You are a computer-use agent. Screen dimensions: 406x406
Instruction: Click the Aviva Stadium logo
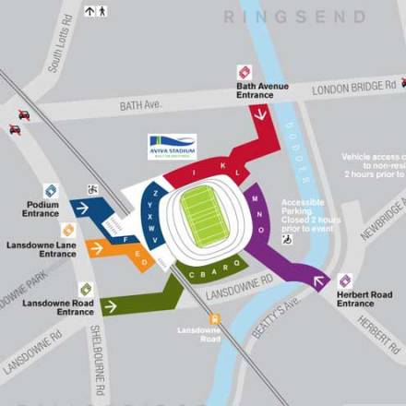pyautogui.click(x=172, y=147)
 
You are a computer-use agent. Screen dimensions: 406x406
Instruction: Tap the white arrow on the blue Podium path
pyautogui.click(x=82, y=209)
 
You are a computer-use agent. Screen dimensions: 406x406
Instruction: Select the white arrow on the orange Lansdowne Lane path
pyautogui.click(x=95, y=247)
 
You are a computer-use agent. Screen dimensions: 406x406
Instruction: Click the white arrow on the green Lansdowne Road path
pyautogui.click(x=111, y=306)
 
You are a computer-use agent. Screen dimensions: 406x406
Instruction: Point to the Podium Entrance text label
pyautogui.click(x=41, y=209)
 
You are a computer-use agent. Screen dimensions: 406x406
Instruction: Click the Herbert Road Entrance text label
pyautogui.click(x=364, y=298)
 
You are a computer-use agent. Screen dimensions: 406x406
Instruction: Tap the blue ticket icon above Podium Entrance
pyautogui.click(x=51, y=190)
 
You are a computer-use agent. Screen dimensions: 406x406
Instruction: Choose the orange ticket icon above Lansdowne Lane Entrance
pyautogui.click(x=68, y=230)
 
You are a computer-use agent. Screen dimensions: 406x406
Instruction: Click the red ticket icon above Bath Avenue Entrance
pyautogui.click(x=245, y=72)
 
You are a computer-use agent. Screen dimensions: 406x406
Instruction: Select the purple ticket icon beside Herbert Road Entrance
pyautogui.click(x=345, y=281)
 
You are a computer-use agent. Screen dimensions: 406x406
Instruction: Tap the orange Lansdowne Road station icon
pyautogui.click(x=214, y=319)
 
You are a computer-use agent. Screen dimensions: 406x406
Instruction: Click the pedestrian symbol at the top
pyautogui.click(x=101, y=11)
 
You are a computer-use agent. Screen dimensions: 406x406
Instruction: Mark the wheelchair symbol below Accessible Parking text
pyautogui.click(x=287, y=239)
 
